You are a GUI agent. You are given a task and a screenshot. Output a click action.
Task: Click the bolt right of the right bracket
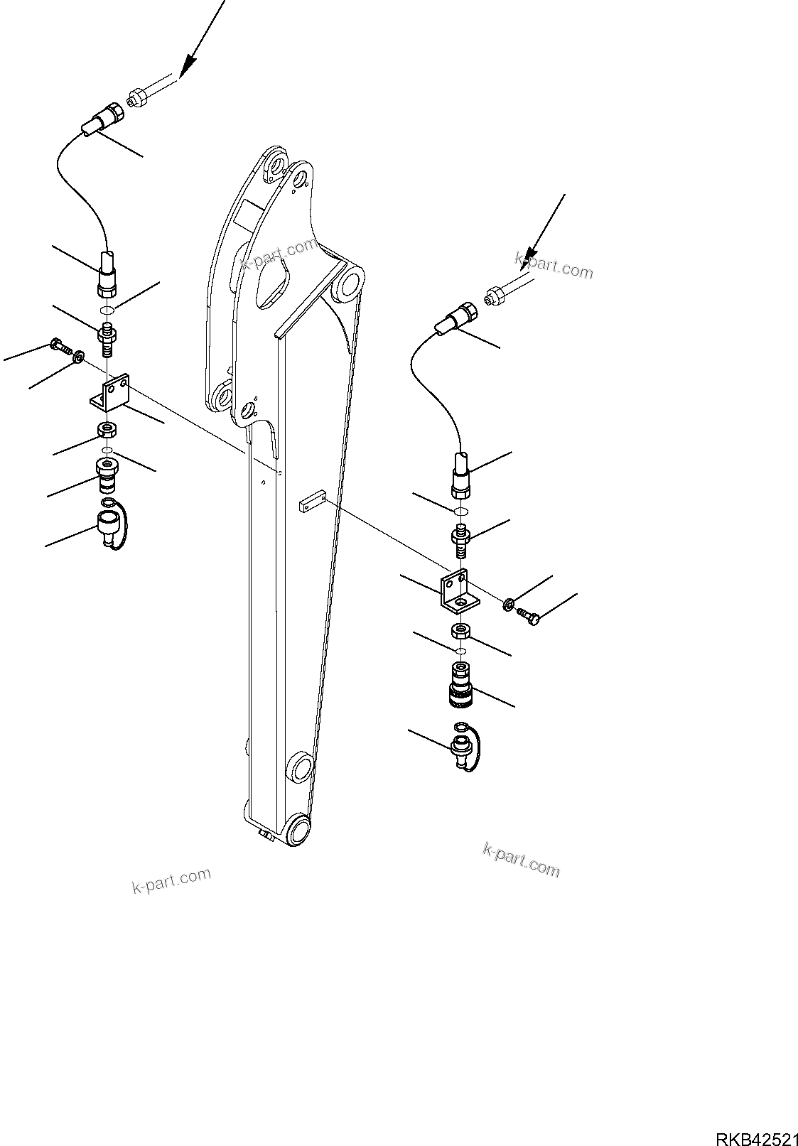coord(529,615)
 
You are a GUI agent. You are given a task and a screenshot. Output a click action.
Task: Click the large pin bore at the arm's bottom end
coord(300,831)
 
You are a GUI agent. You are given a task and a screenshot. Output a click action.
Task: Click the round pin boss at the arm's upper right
coord(351,283)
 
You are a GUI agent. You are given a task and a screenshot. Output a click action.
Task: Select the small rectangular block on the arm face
coord(310,504)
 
